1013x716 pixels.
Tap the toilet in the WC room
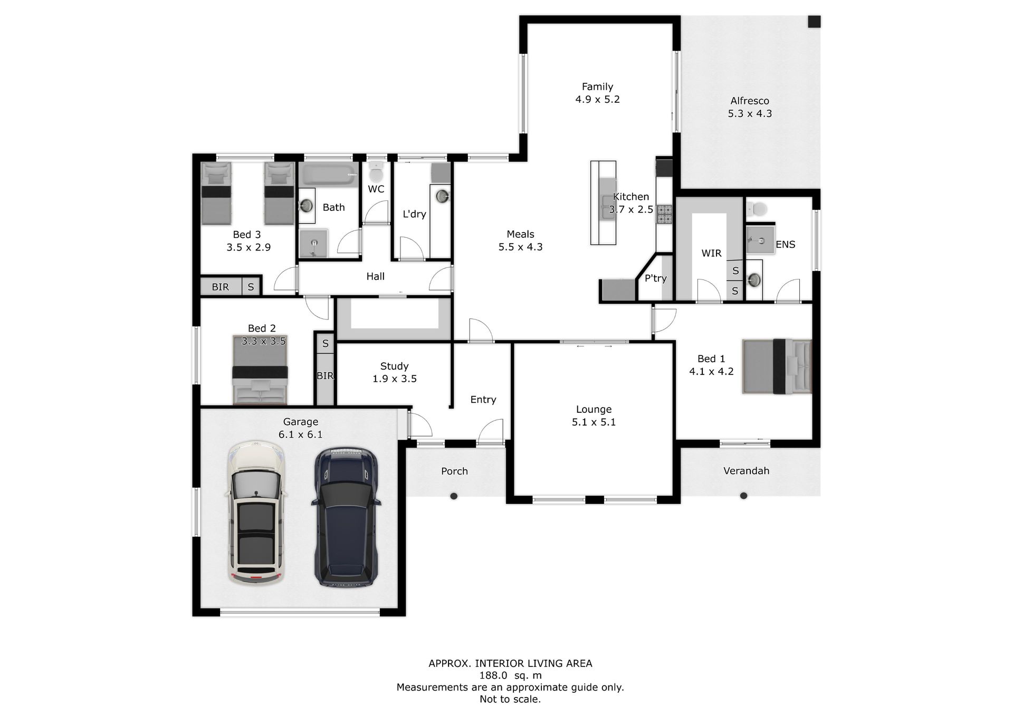376,172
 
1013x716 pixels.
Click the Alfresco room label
750,101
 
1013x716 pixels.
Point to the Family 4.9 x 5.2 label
597,93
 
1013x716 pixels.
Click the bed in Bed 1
777,366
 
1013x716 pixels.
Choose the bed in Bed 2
260,370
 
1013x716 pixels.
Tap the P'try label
656,278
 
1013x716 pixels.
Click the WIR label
711,253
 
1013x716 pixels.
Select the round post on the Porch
454,496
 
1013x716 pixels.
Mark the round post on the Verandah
743,496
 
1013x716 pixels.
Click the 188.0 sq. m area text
510,675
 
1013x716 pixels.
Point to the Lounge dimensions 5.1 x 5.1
594,422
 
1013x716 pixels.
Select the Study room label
394,366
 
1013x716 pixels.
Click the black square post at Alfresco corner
815,22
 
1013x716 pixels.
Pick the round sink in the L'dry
442,196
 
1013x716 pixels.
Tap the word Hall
375,276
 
